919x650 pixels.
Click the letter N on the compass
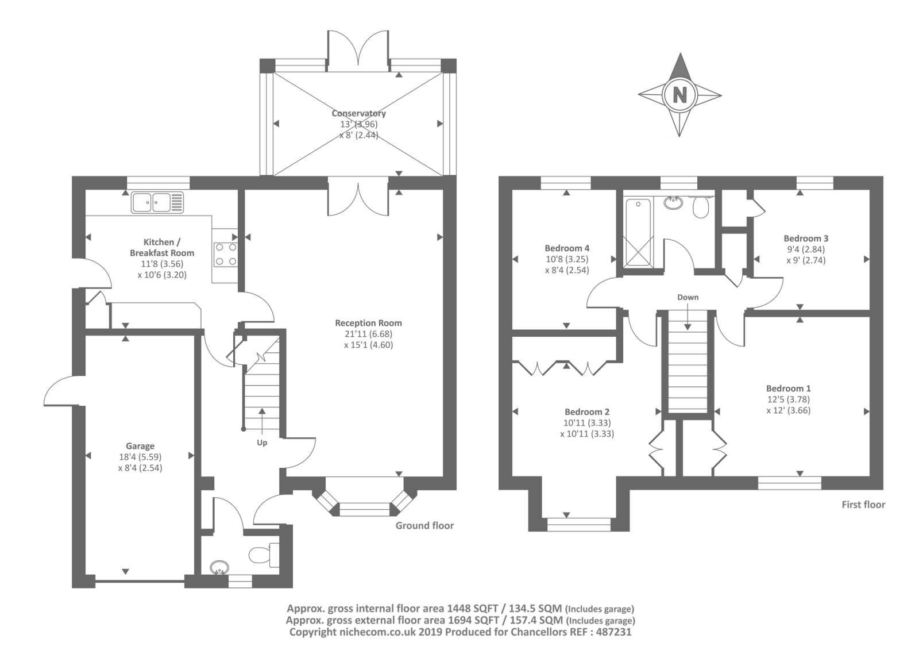click(680, 95)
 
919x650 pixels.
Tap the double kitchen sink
click(157, 202)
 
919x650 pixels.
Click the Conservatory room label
click(358, 113)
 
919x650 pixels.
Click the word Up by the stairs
click(262, 443)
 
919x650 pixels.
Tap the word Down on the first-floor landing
click(688, 297)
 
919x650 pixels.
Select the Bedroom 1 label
click(788, 389)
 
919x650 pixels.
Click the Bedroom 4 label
click(567, 248)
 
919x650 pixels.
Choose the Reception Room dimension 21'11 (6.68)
click(368, 334)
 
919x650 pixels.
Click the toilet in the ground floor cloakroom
click(264, 554)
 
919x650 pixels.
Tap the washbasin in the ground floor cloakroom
click(219, 568)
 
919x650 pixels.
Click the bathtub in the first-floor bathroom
click(637, 232)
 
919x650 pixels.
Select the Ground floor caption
click(424, 526)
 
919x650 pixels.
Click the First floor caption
click(863, 505)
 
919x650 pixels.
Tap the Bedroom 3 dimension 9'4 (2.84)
click(806, 249)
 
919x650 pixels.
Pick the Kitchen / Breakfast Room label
click(161, 247)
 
